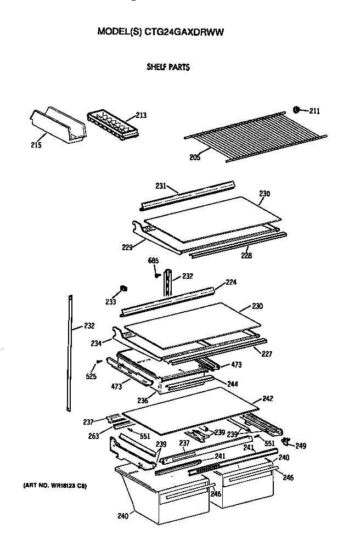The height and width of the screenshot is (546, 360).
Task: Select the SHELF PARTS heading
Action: click(168, 67)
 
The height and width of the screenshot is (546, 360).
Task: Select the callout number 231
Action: click(160, 187)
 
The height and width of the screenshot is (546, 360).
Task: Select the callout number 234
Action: click(97, 343)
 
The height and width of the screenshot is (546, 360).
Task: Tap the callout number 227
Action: click(267, 354)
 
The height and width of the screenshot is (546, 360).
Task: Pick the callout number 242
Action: click(268, 398)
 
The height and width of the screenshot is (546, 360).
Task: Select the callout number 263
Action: click(94, 437)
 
